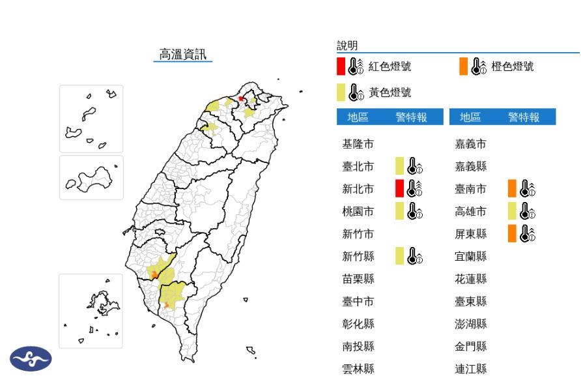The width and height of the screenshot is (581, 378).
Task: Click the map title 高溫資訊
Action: pyautogui.click(x=183, y=54)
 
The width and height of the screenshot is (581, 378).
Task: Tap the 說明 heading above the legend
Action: pyautogui.click(x=347, y=45)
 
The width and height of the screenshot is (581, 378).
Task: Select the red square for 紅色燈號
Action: pyautogui.click(x=341, y=66)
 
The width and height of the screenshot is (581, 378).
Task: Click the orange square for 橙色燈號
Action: pyautogui.click(x=463, y=66)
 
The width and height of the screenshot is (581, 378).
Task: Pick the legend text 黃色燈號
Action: pyautogui.click(x=390, y=93)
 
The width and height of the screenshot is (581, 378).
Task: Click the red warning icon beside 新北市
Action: pyautogui.click(x=406, y=189)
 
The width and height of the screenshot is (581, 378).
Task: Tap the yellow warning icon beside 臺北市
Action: pyautogui.click(x=406, y=166)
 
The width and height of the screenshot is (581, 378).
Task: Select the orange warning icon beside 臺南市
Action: pyautogui.click(x=519, y=189)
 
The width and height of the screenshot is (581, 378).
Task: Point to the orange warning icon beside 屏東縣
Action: pyautogui.click(x=519, y=233)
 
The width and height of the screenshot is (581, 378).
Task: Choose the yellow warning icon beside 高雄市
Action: pyautogui.click(x=519, y=211)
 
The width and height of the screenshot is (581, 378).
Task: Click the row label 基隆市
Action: pyautogui.click(x=358, y=144)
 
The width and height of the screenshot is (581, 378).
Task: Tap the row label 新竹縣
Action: pyautogui.click(x=358, y=256)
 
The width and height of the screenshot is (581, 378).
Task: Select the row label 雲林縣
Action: pyautogui.click(x=358, y=368)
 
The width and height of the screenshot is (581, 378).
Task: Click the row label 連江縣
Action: pyautogui.click(x=471, y=368)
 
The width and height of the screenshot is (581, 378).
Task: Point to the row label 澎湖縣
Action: pyautogui.click(x=471, y=324)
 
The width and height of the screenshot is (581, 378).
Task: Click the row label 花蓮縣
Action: pyautogui.click(x=471, y=279)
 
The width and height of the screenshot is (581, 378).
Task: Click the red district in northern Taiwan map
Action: pyautogui.click(x=241, y=98)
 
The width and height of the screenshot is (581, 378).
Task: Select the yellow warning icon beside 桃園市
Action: pyautogui.click(x=406, y=211)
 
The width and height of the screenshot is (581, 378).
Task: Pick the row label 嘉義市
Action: pyautogui.click(x=471, y=144)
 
